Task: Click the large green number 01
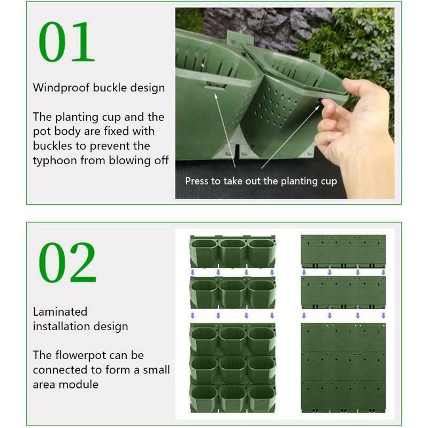(x=66, y=42)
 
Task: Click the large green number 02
(x=67, y=263)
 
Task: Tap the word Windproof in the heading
(x=62, y=88)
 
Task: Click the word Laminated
(x=60, y=312)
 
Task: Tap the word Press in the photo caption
(x=194, y=181)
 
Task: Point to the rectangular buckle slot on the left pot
(x=216, y=86)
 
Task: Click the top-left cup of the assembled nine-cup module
(x=204, y=340)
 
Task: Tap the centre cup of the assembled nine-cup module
(x=233, y=369)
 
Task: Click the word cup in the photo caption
(x=329, y=181)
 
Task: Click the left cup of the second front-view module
(x=204, y=294)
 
